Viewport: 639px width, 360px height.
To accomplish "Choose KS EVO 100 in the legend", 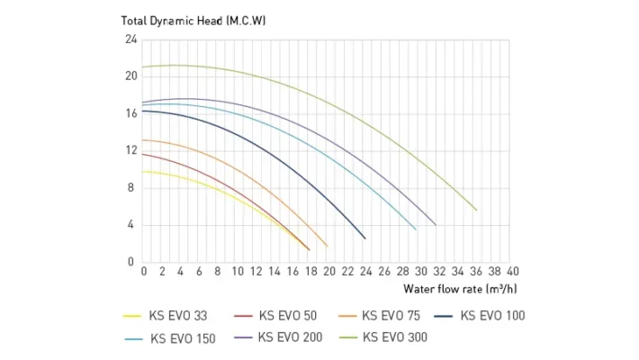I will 492,316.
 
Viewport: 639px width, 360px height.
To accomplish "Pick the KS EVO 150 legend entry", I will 183,338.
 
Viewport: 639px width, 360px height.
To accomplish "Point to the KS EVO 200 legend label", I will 289,338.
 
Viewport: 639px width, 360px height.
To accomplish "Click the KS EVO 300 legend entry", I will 395,338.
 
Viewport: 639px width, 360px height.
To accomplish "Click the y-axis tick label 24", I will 130,40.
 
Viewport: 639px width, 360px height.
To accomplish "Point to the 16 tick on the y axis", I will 130,113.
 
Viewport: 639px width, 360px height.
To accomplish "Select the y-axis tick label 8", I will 131,188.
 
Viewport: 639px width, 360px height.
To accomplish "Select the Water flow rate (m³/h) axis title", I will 460,289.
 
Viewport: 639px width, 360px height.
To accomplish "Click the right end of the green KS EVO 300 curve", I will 476,210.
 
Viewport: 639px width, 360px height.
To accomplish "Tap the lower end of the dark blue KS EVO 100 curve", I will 364,238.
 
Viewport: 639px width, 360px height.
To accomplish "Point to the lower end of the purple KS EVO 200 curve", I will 436,225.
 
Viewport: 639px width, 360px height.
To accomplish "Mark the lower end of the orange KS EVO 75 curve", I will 327,246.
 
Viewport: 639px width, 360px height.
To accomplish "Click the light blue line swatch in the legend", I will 133,339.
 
